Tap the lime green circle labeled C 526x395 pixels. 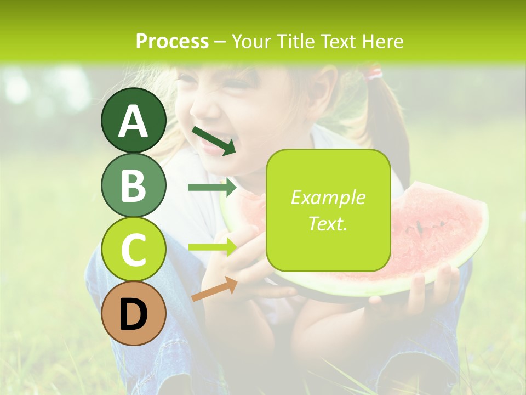(134, 250)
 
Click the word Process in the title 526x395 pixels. (172, 41)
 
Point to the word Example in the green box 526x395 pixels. (328, 198)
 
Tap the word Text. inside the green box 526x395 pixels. (328, 223)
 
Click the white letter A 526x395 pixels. (134, 121)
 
